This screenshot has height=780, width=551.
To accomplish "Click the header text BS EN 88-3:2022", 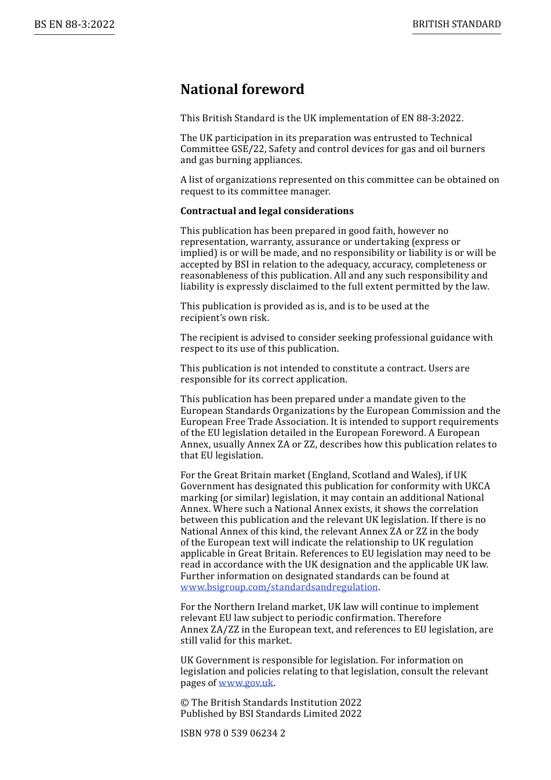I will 74,24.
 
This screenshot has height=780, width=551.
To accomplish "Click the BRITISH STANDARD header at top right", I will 456,24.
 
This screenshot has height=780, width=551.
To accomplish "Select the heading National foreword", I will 242,89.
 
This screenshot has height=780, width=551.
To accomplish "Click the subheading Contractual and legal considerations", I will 267,211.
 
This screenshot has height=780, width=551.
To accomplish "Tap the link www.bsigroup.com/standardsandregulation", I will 279,587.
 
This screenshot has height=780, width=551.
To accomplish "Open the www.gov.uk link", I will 246,683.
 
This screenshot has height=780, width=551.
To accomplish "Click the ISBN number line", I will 233,734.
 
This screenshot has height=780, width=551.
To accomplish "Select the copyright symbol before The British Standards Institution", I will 184,703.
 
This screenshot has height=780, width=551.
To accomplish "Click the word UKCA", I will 477,486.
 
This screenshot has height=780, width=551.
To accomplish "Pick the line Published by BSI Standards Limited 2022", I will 271,714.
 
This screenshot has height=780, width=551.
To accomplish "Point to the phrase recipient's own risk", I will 224,318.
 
